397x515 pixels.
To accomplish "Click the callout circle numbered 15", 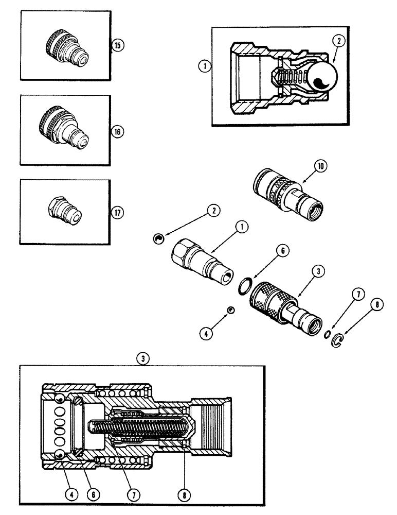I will (117, 46).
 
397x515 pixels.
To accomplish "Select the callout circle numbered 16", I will (117, 132).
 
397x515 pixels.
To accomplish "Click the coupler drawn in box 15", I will (64, 46).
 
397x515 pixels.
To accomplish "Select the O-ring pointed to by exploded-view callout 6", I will (247, 284).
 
